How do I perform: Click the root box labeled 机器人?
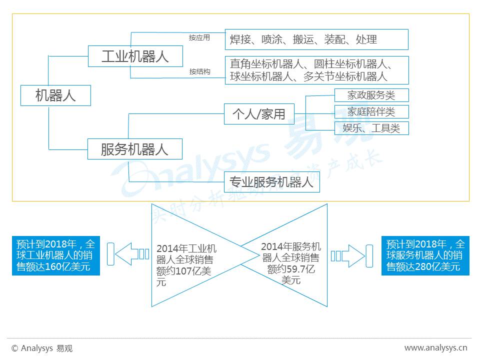pos(55,95)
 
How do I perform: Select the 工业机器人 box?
pos(135,56)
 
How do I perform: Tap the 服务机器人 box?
pos(135,149)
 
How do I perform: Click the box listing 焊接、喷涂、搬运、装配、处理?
pos(316,39)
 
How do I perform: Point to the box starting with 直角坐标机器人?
pos(317,70)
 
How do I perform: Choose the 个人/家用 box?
pos(259,114)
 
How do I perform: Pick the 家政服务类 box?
pos(371,95)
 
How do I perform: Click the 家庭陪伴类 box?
pos(371,111)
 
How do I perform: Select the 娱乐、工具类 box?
pos(371,128)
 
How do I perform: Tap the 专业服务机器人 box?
pos(272,182)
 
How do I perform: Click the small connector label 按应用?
pos(199,37)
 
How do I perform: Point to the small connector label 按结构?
pos(199,71)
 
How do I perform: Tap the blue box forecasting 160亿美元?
pos(56,255)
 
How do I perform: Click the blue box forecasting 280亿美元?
pos(425,255)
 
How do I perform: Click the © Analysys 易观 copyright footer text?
pos(42,348)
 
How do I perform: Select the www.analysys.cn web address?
pos(435,348)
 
